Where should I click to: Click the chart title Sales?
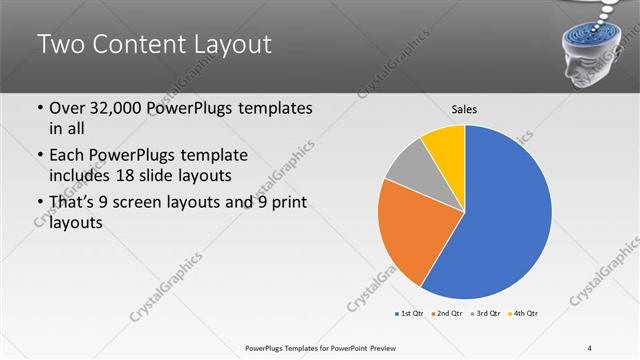point(464,108)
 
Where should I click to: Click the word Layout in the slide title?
point(225,44)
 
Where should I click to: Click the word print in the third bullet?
point(285,204)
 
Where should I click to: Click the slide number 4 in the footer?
point(590,348)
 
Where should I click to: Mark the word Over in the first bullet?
point(68,108)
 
